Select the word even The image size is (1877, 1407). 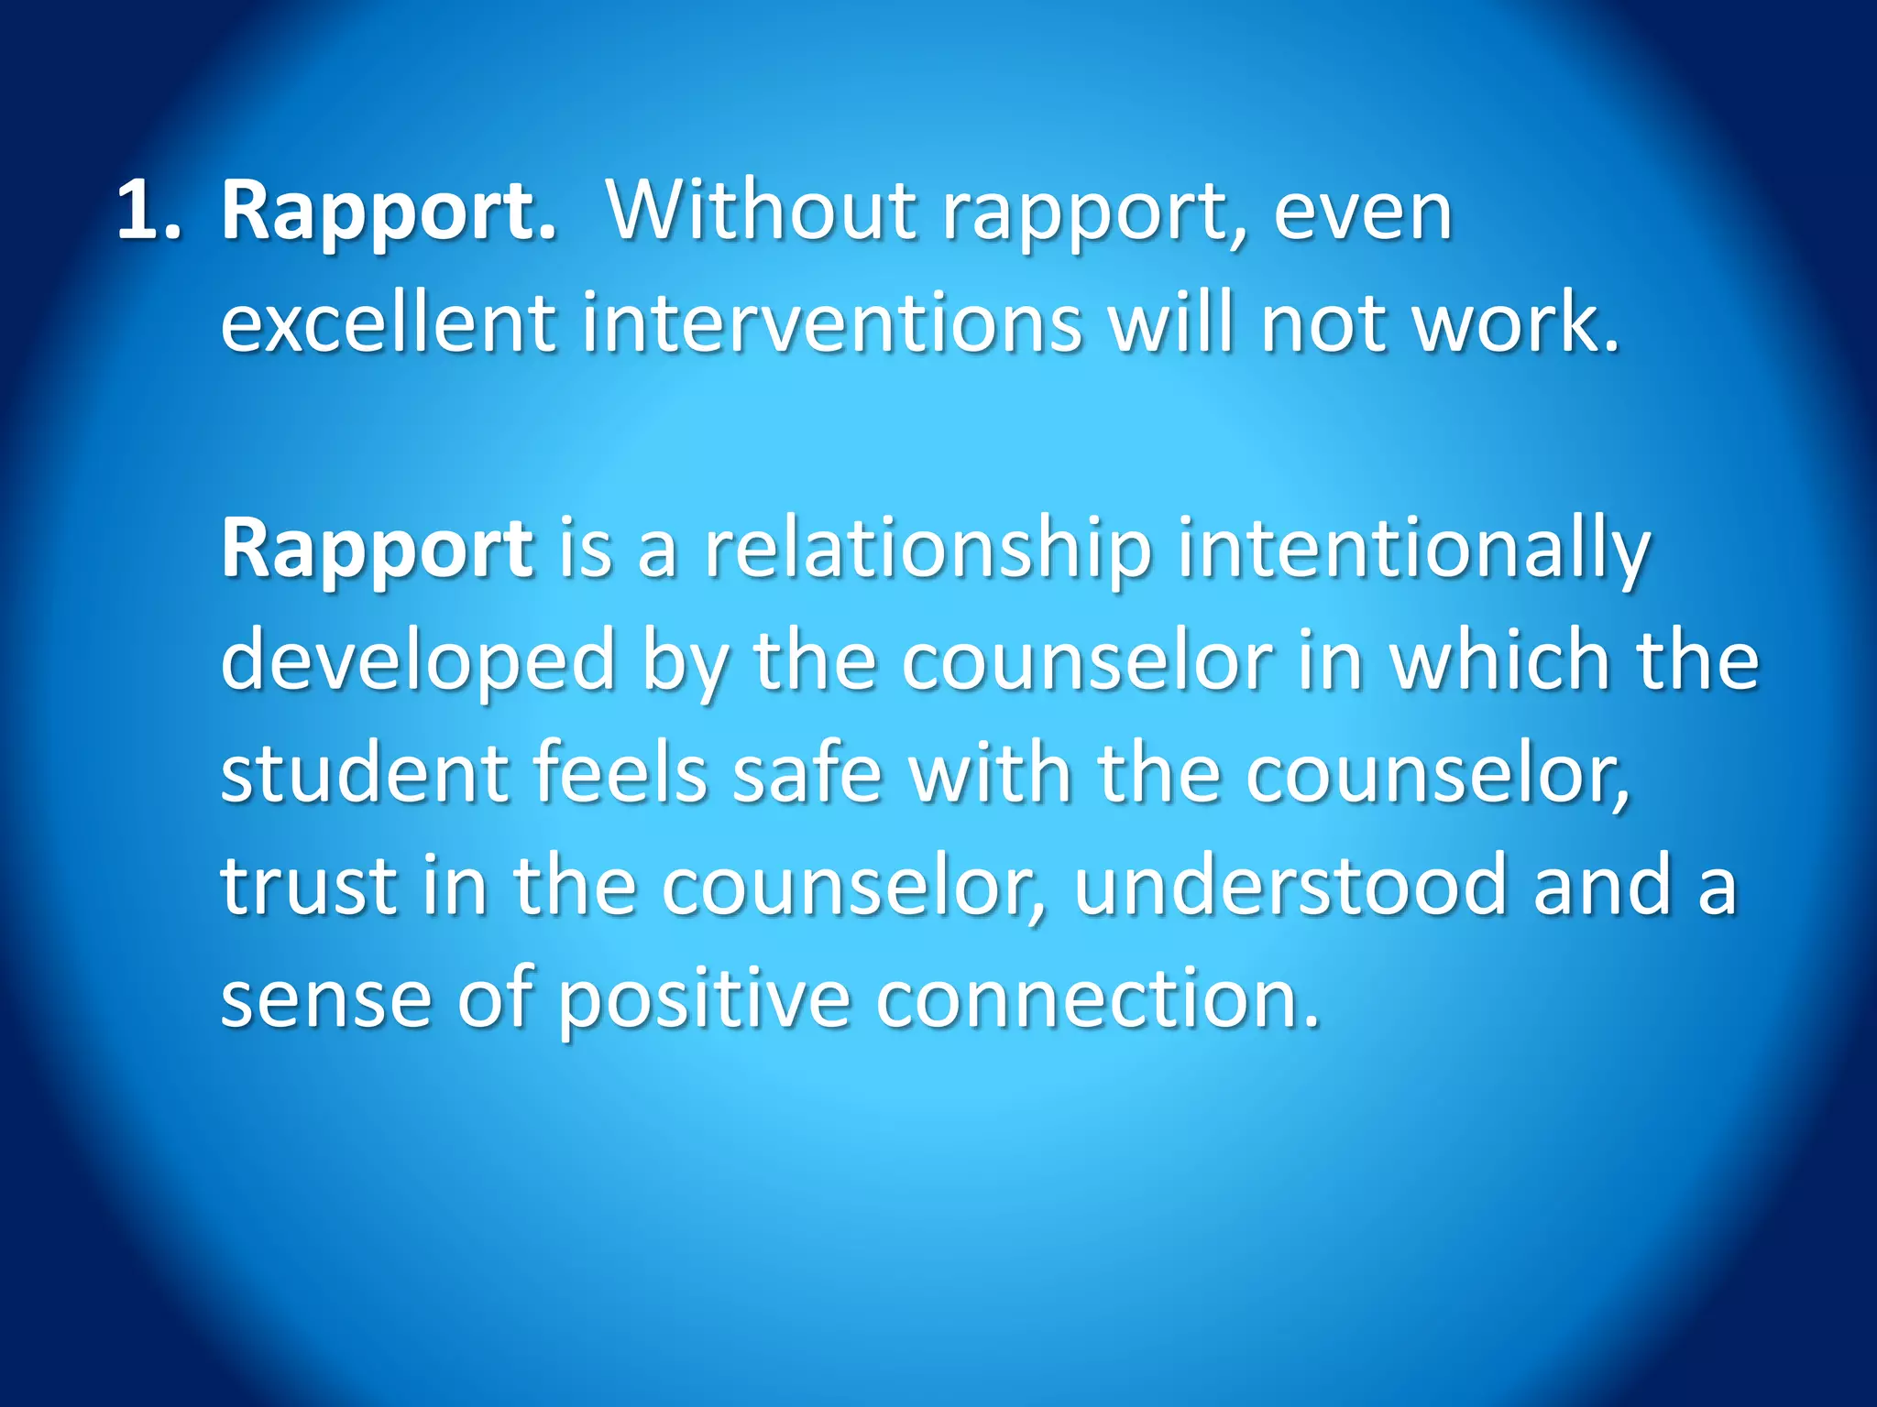tap(1362, 213)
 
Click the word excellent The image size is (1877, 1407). tap(388, 322)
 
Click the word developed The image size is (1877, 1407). tap(418, 661)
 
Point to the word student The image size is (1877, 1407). tap(364, 774)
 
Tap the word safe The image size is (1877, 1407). tap(807, 774)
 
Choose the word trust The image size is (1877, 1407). tap(309, 886)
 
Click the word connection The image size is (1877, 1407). tap(1098, 998)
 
